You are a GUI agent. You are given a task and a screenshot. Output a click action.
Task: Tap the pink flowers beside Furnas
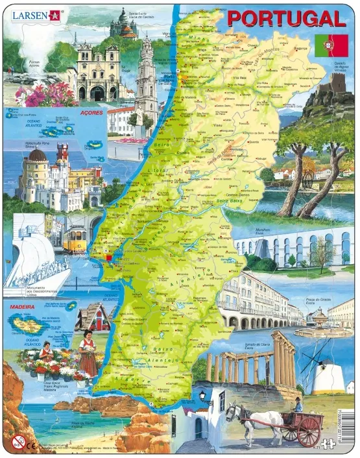[x=45, y=94]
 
